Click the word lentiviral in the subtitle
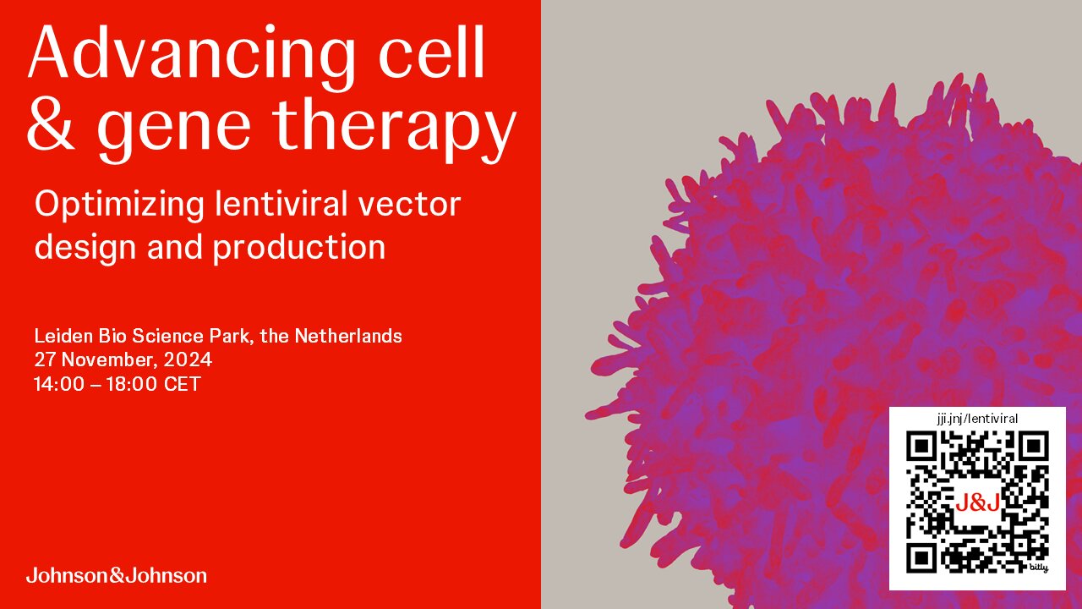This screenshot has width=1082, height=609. pyautogui.click(x=281, y=204)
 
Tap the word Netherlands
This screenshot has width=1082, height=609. pyautogui.click(x=348, y=336)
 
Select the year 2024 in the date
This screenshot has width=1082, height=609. pyautogui.click(x=188, y=359)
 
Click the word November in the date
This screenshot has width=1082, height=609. pyautogui.click(x=109, y=360)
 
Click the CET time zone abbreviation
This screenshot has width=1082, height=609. pyautogui.click(x=182, y=384)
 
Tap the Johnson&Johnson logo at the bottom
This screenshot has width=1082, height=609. pyautogui.click(x=117, y=575)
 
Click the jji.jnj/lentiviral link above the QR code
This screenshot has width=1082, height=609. pyautogui.click(x=977, y=419)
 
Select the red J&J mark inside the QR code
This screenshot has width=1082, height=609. pyautogui.click(x=978, y=503)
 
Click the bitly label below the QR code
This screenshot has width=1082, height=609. pyautogui.click(x=1039, y=568)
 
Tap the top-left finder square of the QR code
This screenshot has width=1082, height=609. pyautogui.click(x=921, y=447)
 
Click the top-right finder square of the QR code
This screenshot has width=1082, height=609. pyautogui.click(x=1033, y=447)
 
